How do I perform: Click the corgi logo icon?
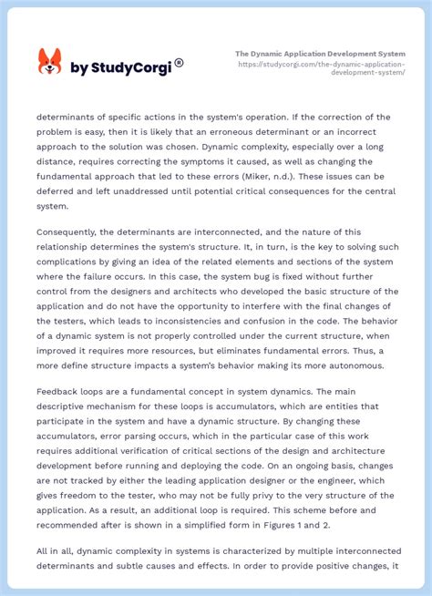pos(49,62)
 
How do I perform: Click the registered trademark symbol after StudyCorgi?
pos(179,63)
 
